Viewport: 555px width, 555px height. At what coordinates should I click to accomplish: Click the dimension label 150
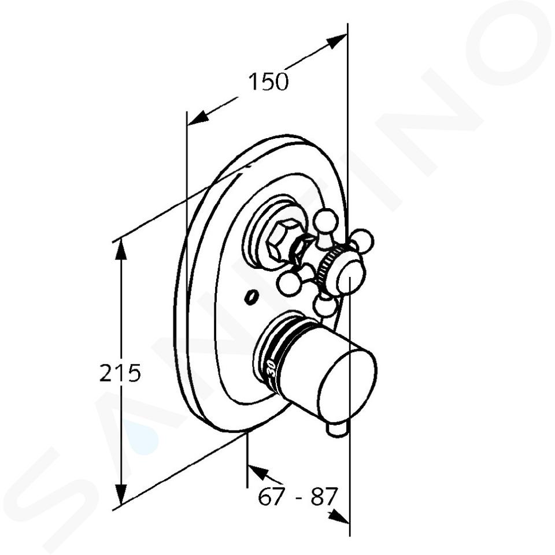pos(268,82)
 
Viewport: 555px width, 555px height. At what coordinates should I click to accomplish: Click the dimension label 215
pos(120,373)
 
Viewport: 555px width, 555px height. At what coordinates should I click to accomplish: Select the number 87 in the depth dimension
pos(323,497)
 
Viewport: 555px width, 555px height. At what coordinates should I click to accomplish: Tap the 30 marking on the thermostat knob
pos(271,368)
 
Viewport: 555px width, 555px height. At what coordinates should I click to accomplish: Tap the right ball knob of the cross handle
pos(362,240)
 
